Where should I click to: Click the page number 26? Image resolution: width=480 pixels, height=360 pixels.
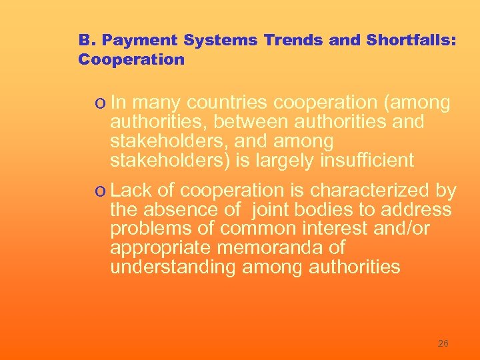443,343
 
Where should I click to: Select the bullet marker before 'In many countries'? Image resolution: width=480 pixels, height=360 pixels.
99,104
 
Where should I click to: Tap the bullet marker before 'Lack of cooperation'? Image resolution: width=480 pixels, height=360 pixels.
99,191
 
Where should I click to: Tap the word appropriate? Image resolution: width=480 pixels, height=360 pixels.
159,248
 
